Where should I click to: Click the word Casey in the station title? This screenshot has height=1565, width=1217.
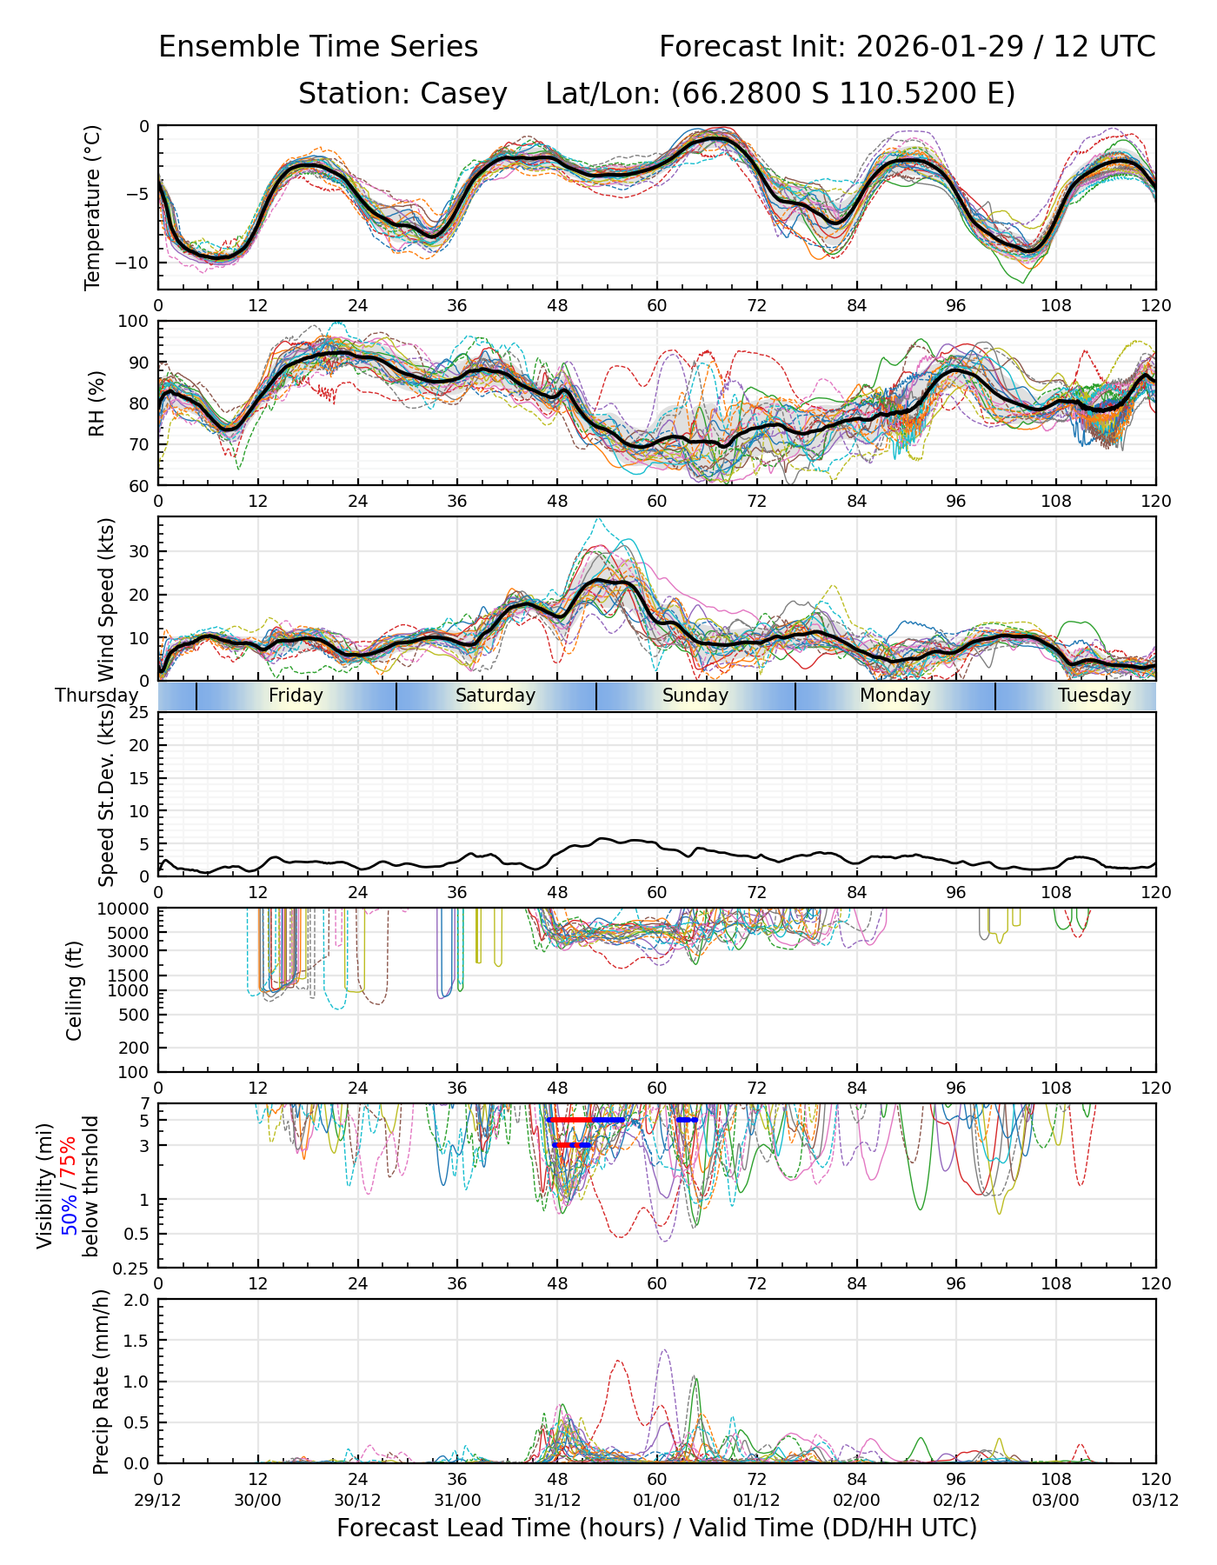pos(463,94)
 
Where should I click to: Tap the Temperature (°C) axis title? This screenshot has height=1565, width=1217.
pos(93,207)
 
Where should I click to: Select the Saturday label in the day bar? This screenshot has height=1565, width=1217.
pos(495,696)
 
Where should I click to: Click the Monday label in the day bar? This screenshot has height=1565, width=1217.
pos(894,696)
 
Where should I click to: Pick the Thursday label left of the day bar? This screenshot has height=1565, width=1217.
pos(96,696)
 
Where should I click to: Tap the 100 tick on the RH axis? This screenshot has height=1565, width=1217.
pos(136,322)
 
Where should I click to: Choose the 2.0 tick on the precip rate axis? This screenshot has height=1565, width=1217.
pos(136,1300)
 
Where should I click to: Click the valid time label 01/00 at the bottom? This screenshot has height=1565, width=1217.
pos(656,1500)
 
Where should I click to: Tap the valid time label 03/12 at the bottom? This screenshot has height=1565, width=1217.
pos(1155,1500)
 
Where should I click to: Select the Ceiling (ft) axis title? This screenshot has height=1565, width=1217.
pos(75,990)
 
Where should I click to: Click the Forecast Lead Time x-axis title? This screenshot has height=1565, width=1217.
pos(656,1528)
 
